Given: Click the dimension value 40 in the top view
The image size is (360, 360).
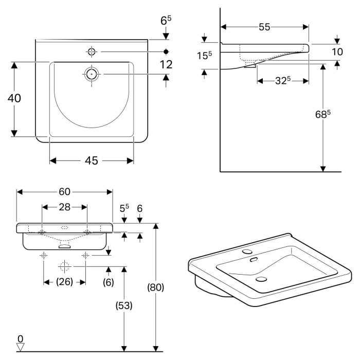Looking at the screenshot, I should click(14, 98).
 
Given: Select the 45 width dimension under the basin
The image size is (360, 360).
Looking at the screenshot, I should click(91, 161).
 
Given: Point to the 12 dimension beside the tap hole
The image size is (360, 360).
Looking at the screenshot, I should click(166, 64).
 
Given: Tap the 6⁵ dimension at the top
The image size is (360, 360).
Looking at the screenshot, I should click(166, 21).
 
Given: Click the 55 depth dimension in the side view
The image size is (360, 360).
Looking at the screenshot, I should click(264, 27).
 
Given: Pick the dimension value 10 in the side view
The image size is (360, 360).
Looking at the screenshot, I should click(337, 52).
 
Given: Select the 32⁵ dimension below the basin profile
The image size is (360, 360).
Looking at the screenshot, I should click(282, 80).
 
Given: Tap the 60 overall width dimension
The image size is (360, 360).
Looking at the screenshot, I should click(64, 192).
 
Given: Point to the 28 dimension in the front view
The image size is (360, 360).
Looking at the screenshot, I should click(64, 207).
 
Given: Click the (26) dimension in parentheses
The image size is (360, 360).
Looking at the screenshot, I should click(64, 281).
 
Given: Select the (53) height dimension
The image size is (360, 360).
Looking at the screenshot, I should click(123, 305).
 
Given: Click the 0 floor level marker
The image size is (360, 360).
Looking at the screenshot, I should click(20, 339).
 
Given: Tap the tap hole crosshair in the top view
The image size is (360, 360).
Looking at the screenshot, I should click(92, 51).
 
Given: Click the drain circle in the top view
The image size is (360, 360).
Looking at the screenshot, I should click(92, 74).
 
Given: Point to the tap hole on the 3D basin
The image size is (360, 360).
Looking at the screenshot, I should click(247, 252).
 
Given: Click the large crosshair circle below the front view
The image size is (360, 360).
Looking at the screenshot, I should click(64, 266).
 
